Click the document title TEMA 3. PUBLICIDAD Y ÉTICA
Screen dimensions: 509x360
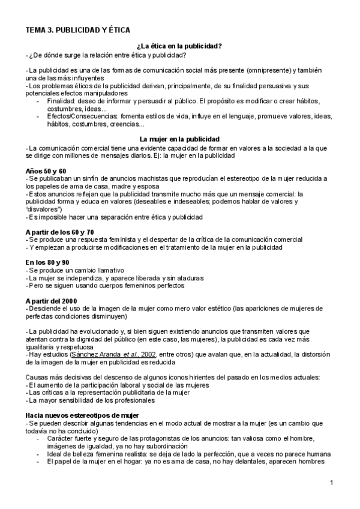[77, 29]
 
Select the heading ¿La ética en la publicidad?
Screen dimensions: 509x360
[180, 47]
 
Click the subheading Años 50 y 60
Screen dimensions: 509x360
[46, 171]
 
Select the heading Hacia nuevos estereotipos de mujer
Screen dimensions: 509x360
[82, 399]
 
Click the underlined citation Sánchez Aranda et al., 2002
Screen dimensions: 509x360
[119, 355]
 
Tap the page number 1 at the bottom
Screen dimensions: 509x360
[331, 483]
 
